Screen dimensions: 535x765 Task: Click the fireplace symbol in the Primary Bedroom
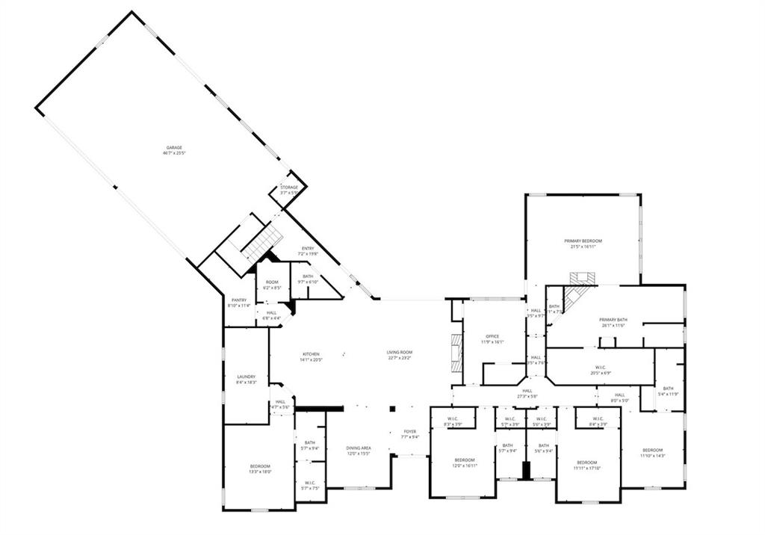point(582,278)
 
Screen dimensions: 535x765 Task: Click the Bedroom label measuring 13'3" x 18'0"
point(260,468)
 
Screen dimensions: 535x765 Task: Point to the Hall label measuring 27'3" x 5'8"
point(527,393)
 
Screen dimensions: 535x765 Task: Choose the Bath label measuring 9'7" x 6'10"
point(308,279)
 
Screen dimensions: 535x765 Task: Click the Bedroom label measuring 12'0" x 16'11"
point(465,463)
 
